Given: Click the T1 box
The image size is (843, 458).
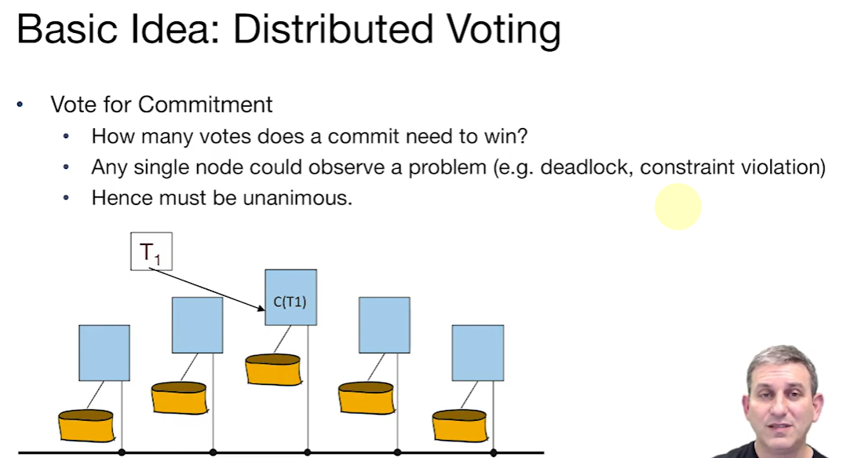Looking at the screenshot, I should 151,252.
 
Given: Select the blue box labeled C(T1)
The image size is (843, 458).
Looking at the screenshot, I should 290,297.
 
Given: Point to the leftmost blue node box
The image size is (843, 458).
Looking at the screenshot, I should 104,353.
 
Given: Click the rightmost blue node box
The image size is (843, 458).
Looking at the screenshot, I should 477,353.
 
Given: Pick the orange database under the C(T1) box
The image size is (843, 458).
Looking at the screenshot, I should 273,370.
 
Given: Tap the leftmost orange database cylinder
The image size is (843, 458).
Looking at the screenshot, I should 86,425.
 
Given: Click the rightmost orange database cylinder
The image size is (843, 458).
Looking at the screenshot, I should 460,425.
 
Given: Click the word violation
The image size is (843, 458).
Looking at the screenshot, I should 773,167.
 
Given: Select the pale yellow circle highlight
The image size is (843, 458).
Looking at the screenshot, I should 677,207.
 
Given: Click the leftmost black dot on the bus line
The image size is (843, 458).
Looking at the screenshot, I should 122,453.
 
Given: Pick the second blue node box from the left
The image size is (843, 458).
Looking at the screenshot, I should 197,324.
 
